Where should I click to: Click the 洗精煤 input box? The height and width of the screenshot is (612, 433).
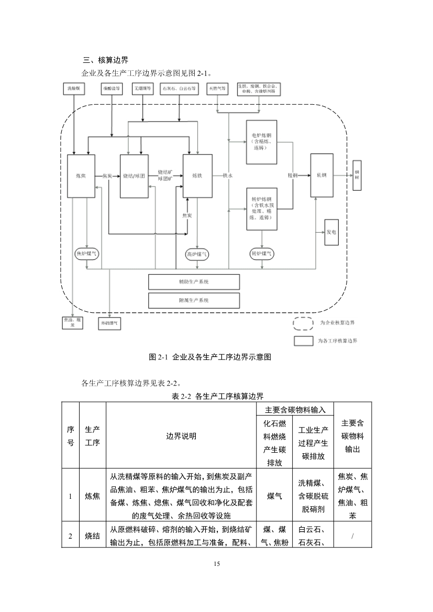(73, 89)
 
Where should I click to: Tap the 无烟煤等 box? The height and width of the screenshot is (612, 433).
(142, 89)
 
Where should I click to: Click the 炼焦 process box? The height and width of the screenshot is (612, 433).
(81, 176)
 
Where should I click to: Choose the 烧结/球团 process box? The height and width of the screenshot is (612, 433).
(135, 176)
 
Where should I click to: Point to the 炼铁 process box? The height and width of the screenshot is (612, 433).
(197, 176)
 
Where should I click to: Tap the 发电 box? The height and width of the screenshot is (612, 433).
(331, 232)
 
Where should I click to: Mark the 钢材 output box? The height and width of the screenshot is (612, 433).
(357, 176)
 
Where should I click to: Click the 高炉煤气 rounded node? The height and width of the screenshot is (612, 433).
(197, 254)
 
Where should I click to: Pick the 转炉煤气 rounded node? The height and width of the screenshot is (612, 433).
(262, 254)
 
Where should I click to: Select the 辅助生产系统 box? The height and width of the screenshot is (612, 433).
(194, 282)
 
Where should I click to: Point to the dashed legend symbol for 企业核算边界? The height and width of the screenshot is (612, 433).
(303, 323)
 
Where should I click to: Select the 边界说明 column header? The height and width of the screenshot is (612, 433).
(181, 435)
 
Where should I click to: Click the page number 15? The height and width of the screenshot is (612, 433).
(217, 564)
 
